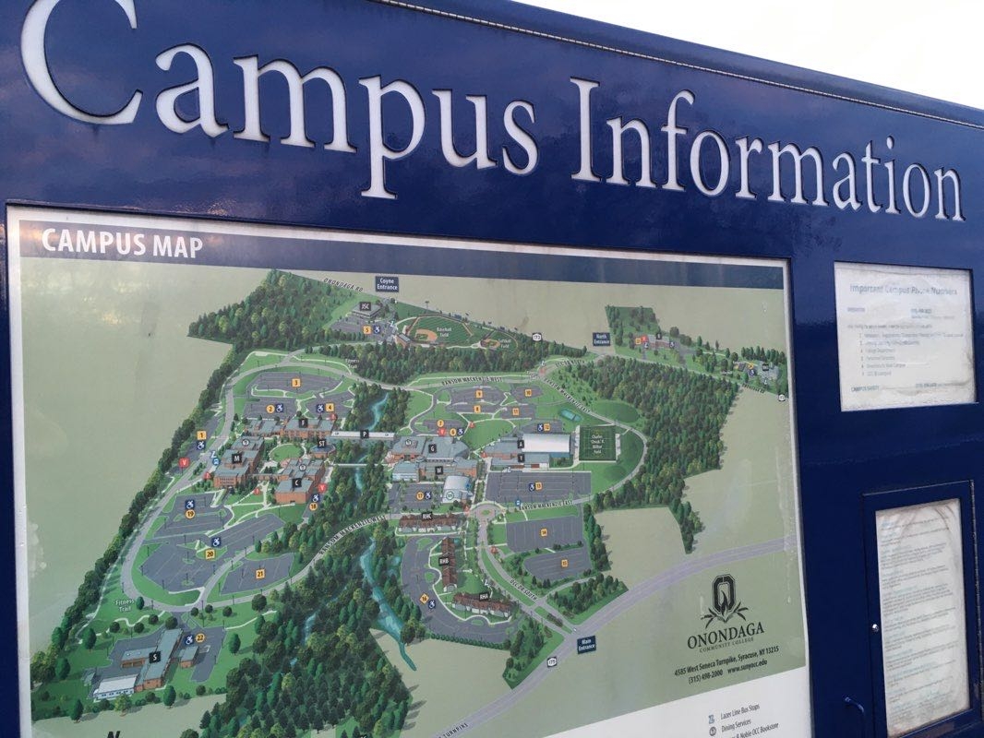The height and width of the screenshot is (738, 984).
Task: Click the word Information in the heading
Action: [x=766, y=157]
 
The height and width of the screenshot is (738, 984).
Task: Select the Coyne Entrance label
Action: [x=387, y=283]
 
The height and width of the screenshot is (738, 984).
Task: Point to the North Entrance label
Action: [x=601, y=339]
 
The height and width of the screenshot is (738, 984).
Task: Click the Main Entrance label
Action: [x=586, y=644]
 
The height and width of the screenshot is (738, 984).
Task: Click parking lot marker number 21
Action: [x=259, y=574]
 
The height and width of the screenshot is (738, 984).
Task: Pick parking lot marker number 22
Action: [x=200, y=637]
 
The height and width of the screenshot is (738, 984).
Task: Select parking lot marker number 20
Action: [x=210, y=553]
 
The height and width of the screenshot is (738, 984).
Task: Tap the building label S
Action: [x=154, y=656]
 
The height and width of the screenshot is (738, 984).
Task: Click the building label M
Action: [x=236, y=457]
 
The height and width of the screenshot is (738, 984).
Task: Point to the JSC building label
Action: [x=366, y=306]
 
